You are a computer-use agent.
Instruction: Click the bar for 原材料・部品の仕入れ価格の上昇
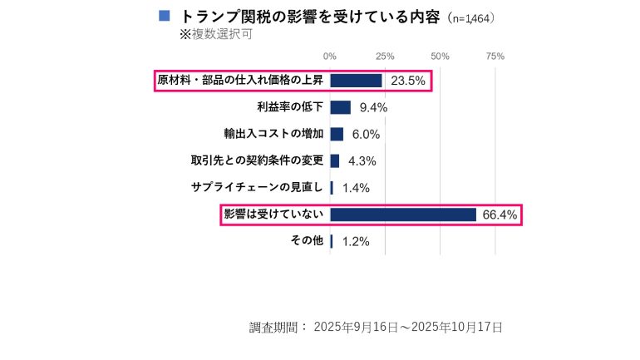[356, 81]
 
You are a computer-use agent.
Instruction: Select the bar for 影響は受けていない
[403, 215]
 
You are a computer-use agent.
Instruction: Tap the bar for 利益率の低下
[341, 107]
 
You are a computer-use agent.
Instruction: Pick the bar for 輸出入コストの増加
[337, 134]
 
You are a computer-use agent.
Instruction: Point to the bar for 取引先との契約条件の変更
[335, 160]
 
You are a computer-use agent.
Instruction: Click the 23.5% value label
[408, 81]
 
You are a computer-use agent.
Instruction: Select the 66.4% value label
[500, 215]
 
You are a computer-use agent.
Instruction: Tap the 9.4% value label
[373, 107]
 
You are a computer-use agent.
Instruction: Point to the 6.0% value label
[366, 134]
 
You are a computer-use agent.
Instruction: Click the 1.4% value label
[356, 188]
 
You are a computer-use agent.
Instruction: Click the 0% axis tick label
[330, 57]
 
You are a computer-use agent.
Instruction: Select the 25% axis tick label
[385, 57]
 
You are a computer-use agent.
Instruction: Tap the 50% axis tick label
[441, 57]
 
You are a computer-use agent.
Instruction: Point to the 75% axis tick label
[495, 57]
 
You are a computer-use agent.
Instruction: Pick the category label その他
[307, 241]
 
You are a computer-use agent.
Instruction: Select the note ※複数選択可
[215, 35]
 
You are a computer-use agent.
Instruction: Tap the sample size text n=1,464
[471, 17]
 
